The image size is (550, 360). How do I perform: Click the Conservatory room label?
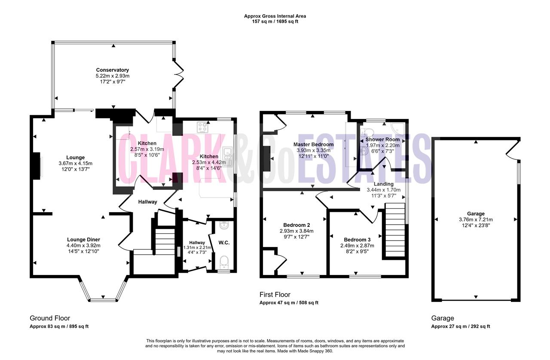tap(113, 70)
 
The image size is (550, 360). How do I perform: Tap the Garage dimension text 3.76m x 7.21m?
tap(476, 220)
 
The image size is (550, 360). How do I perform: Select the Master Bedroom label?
tap(313, 144)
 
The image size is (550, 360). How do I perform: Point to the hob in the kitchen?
tap(202, 128)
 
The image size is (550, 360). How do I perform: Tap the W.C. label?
tap(224, 243)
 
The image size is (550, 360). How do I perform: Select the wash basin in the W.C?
tap(224, 225)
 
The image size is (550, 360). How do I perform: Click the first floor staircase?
tap(395, 230)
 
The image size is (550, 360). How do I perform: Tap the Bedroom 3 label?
tap(357, 240)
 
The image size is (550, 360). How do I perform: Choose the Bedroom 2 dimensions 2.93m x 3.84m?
tap(296, 231)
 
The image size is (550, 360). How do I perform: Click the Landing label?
tap(384, 184)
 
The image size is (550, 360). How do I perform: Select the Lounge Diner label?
tap(83, 239)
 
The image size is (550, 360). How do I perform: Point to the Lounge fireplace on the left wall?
tap(37, 166)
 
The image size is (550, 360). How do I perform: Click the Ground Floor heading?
tap(50, 318)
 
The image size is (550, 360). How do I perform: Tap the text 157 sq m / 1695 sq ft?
tap(275, 21)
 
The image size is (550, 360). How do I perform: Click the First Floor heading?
tap(275, 294)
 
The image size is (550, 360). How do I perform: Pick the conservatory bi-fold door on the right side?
tap(178, 75)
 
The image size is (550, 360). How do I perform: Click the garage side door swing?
tap(513, 150)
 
